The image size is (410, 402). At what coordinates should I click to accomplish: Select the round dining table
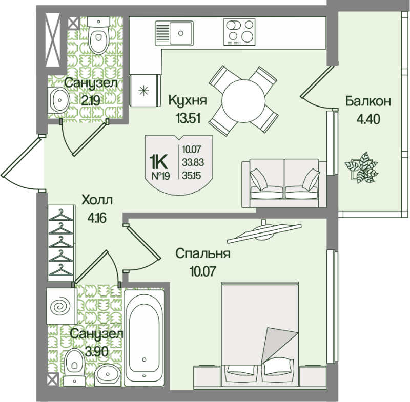tap(243, 100)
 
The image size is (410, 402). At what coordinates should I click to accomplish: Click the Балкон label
tap(368, 101)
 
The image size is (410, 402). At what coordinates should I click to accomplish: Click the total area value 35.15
tap(191, 175)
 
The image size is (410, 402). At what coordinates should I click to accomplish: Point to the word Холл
tap(98, 200)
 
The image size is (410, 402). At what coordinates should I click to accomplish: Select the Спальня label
tap(202, 253)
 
